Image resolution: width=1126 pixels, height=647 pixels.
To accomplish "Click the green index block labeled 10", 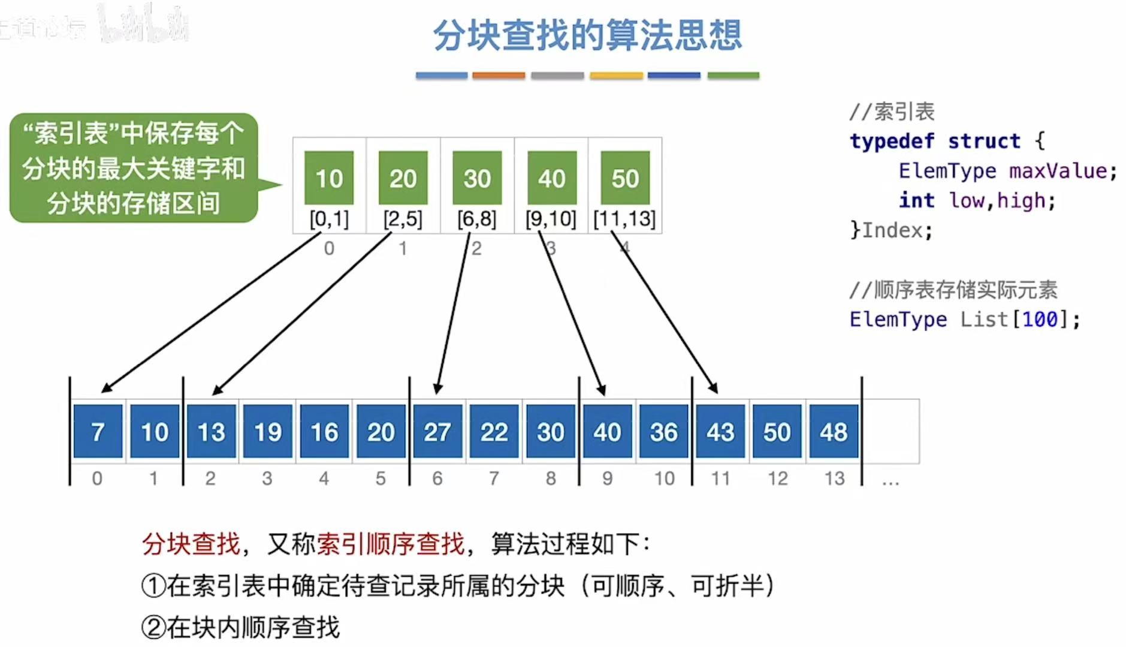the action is tap(329, 178).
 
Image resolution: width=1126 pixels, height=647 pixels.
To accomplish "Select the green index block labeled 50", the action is tap(625, 178).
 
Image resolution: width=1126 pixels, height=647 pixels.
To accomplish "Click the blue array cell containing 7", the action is tap(98, 432).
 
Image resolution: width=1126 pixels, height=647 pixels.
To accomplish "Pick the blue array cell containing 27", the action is tap(437, 432).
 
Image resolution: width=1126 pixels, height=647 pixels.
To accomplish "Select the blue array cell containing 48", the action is tap(834, 432).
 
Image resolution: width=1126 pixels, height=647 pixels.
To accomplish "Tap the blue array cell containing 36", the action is tap(663, 432).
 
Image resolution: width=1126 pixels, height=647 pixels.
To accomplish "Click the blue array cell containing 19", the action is tap(267, 432).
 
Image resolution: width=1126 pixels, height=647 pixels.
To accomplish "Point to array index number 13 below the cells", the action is tap(834, 479).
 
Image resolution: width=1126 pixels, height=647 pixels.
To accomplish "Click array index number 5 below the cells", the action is tap(381, 479).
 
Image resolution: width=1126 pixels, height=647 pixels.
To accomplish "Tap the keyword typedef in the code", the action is tap(892, 141).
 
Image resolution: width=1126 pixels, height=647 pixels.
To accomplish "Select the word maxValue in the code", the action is tap(1057, 171).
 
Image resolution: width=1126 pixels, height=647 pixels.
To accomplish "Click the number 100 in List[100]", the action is tap(1040, 319).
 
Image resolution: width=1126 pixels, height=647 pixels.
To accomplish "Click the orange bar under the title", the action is tap(498, 76).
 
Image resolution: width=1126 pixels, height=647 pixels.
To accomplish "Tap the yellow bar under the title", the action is tap(615, 76).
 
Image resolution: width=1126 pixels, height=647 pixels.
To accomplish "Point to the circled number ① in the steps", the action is tap(153, 586).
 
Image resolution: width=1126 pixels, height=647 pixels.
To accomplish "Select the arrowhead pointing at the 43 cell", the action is tap(714, 389).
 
